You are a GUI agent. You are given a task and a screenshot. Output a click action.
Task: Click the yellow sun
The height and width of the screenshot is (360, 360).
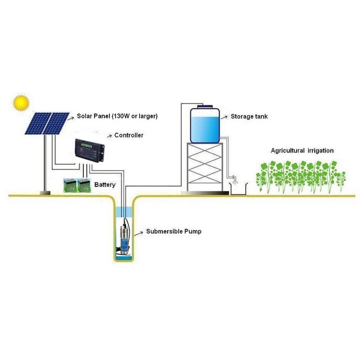click(21, 103)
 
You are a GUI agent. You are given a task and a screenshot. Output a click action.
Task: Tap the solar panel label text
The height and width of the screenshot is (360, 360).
click(117, 116)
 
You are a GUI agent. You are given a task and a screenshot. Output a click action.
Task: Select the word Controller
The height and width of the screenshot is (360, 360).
click(129, 135)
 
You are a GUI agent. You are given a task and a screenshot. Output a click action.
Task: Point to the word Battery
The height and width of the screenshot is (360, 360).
click(105, 185)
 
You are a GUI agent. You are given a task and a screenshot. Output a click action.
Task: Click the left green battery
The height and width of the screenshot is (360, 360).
click(71, 184)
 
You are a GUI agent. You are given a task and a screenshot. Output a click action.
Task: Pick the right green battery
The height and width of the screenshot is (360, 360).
click(84, 184)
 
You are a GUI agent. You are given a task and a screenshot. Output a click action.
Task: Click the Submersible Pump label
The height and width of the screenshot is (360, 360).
click(174, 232)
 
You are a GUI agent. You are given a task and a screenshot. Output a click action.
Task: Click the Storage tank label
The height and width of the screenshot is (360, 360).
click(249, 116)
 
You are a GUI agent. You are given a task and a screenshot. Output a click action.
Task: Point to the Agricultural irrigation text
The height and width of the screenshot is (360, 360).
click(302, 151)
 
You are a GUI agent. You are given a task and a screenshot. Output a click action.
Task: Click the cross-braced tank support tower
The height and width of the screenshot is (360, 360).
click(204, 166)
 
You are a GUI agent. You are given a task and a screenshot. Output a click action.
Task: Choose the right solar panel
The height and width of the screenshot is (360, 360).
click(56, 123)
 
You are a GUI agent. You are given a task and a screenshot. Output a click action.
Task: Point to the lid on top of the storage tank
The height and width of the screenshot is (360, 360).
click(204, 107)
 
